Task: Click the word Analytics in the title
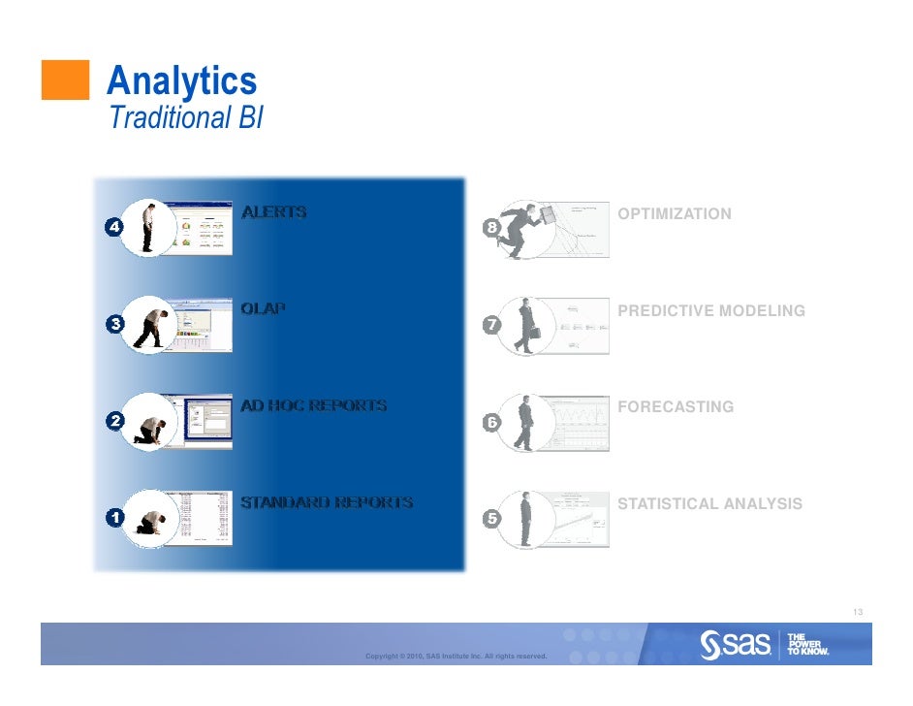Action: pos(182,80)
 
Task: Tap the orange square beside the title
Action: pos(65,80)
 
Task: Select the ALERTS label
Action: pos(273,211)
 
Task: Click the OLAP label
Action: pos(263,308)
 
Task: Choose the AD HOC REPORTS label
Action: pos(313,405)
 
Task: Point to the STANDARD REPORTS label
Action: pos(326,502)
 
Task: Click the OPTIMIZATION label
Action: pos(675,213)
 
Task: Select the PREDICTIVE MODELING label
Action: pos(710,310)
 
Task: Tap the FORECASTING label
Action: pos(676,407)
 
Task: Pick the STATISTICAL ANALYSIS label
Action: pos(709,504)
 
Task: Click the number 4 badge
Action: pos(114,227)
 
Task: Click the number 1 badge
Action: pos(114,518)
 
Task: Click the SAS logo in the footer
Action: pos(737,643)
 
